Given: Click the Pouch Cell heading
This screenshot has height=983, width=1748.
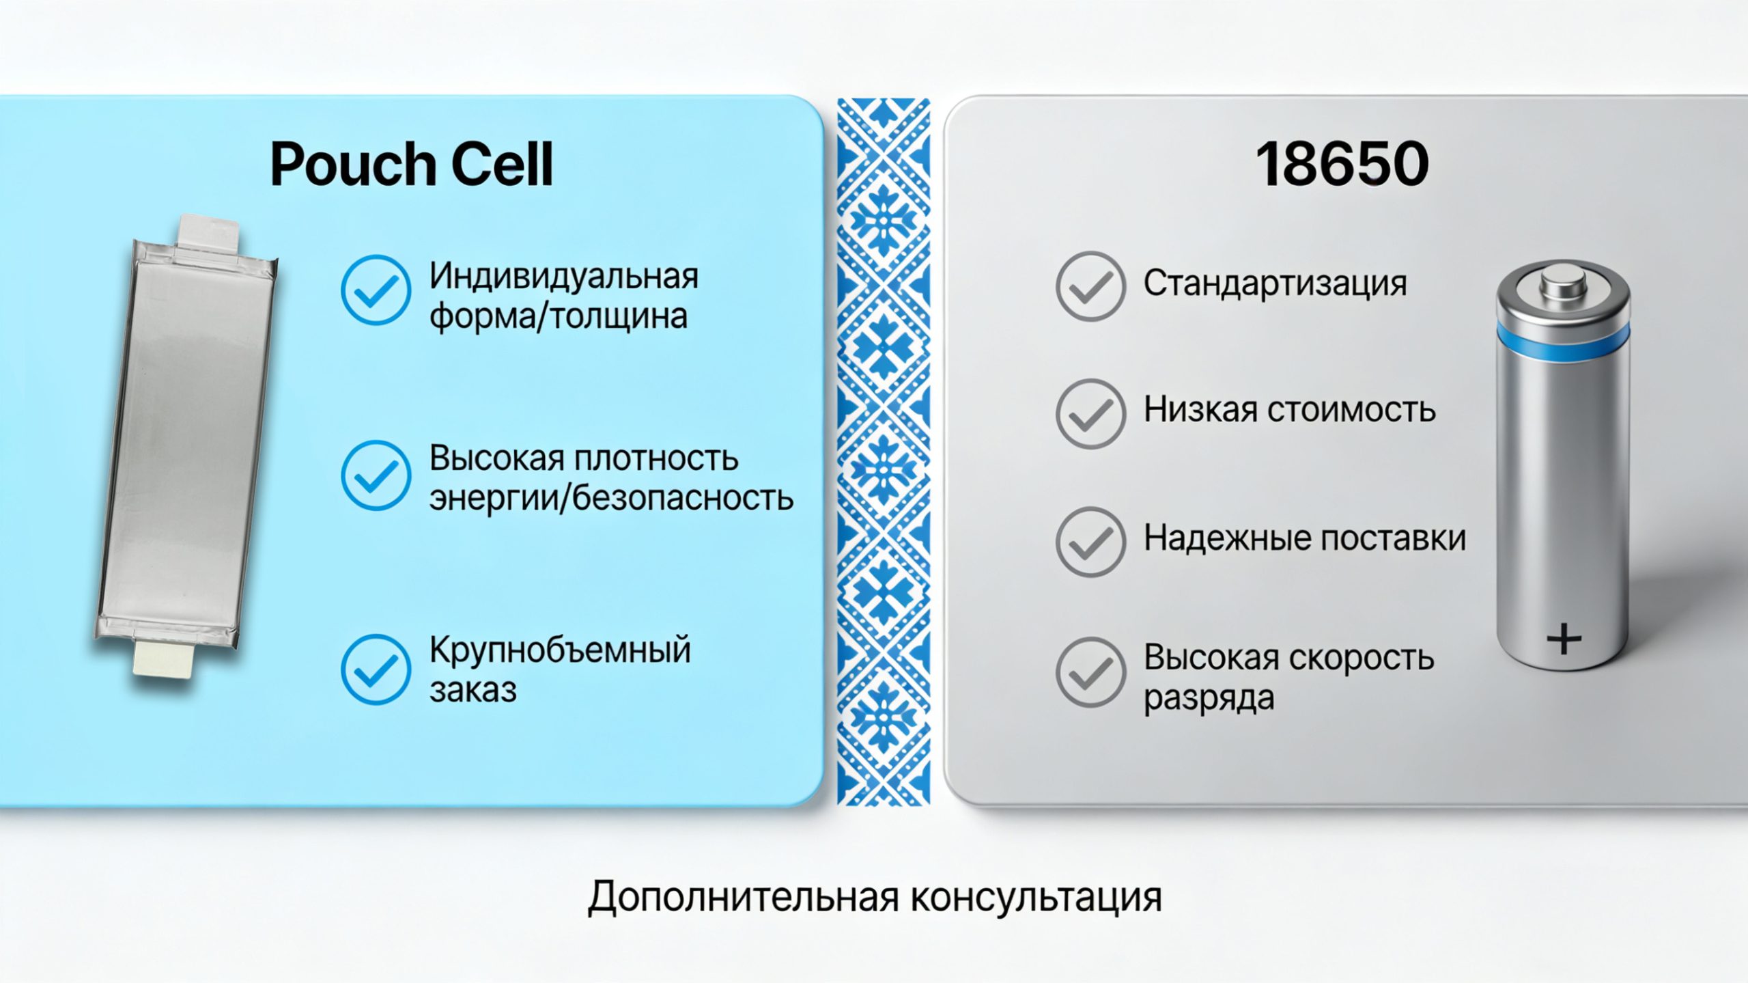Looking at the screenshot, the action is coord(411,164).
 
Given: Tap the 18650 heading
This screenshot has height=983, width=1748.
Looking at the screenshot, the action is coord(1342,164).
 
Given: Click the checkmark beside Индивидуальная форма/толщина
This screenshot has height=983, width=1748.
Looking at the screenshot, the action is coord(376,290).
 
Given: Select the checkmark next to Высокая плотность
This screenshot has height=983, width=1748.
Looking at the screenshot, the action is coord(376,475).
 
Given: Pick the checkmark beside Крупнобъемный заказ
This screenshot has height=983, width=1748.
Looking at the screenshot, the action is coord(376,669).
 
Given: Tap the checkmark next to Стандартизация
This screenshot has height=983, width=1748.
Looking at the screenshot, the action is coord(1090,286).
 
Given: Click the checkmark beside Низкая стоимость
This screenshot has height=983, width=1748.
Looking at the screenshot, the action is coord(1090,413).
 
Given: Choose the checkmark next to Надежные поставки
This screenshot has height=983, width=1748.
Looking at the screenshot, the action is coord(1090,542).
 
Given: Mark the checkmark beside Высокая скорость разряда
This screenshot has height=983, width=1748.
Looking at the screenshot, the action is coord(1090,672).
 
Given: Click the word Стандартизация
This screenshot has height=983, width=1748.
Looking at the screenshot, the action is coord(1275,284).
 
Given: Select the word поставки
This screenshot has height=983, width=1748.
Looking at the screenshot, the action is coord(1392,538).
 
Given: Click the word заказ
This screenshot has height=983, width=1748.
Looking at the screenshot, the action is coord(473,690).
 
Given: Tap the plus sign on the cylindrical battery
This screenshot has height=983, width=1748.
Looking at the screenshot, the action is coord(1564,640).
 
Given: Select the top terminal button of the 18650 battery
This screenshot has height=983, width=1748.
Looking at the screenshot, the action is coord(1563,282).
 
